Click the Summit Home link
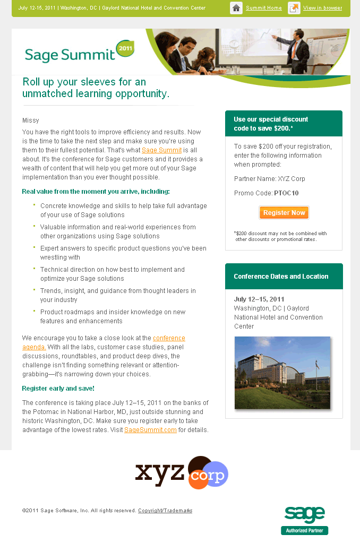point(263,8)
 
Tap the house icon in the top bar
point(236,8)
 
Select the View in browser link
point(322,8)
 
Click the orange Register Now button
point(284,213)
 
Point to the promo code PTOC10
point(286,193)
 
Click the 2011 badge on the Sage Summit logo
point(125,48)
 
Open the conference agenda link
point(169,339)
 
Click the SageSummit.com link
point(150,430)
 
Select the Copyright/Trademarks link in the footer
point(165,511)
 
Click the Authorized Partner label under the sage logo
point(304,530)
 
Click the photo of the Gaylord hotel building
point(282,373)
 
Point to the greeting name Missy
point(31,120)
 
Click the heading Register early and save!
point(58,389)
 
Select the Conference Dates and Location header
point(281,277)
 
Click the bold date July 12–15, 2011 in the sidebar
point(259,299)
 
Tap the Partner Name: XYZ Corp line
point(269,179)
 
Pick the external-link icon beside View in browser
point(294,8)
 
